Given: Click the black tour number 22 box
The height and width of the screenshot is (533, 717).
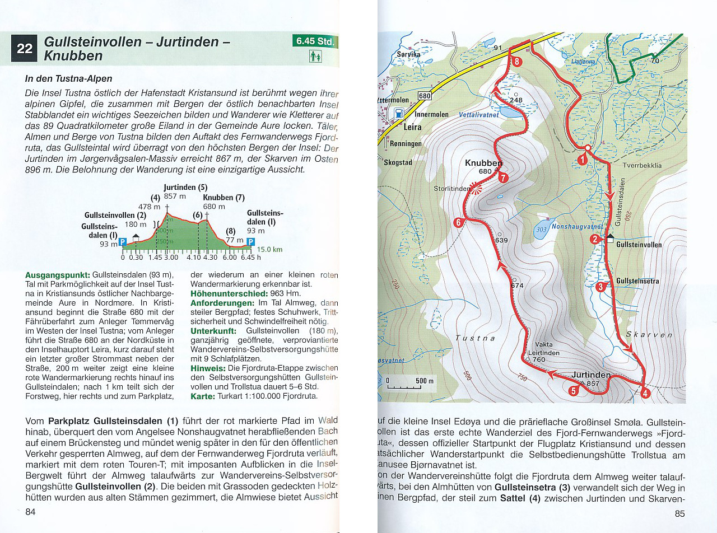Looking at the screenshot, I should point(25,49).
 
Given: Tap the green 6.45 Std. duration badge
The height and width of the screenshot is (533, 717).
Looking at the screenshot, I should point(315,41).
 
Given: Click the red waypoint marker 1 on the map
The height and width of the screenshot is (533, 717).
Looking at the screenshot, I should point(582,160).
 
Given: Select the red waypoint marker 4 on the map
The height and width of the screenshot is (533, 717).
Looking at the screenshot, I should point(645,393).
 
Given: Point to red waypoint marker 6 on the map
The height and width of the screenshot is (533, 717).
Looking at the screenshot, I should point(458,222).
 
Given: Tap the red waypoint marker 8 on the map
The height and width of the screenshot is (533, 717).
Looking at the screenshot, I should point(516,62).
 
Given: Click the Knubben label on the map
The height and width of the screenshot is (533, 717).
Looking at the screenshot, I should point(483,163).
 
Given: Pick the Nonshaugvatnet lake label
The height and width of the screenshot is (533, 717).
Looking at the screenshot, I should point(577,227).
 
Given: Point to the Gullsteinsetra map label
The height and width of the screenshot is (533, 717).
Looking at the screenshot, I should point(637,280).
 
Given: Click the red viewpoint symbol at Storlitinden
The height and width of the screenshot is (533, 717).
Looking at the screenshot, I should point(476,189).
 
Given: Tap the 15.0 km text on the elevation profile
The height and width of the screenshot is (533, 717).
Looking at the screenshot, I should point(269,250).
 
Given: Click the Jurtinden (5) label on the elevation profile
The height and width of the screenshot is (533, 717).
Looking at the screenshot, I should point(185,188).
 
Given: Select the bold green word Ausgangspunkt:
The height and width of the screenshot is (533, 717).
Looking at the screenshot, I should point(58,275).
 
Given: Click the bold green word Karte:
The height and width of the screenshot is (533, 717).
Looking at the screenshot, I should point(203,396).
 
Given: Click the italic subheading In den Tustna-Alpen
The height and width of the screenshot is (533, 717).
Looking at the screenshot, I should point(69,79).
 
